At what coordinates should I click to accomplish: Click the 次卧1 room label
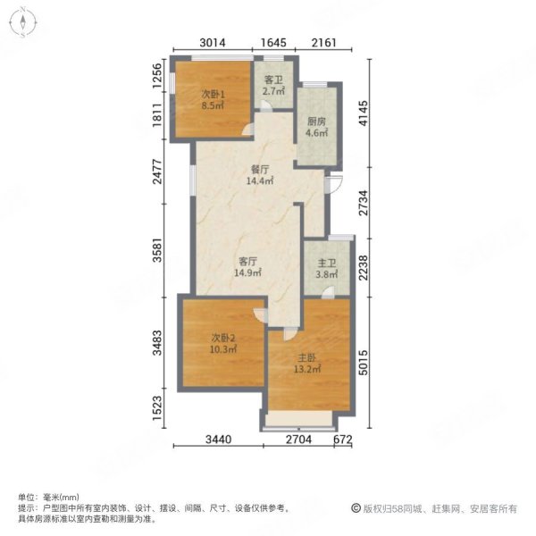[213, 94]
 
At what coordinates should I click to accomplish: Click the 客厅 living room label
[248, 262]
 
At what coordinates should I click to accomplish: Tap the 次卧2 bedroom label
[223, 338]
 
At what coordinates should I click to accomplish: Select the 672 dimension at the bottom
[345, 439]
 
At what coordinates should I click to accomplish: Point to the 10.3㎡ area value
[223, 349]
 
